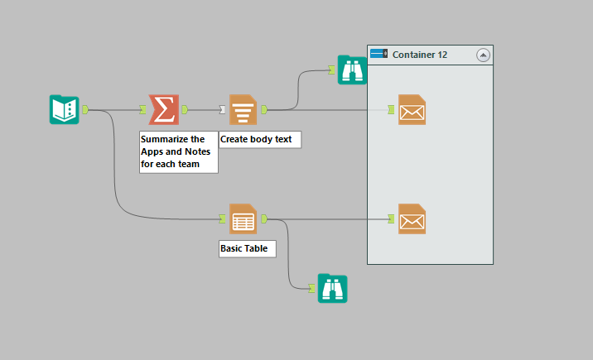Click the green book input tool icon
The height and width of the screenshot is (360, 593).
point(64,109)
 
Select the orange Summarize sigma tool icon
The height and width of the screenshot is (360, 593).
point(163,109)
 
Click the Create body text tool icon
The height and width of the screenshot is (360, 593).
point(243,109)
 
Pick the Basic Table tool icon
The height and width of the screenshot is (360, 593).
point(243,219)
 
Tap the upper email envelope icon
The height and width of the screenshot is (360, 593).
point(412,109)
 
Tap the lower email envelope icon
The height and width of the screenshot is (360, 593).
point(412,219)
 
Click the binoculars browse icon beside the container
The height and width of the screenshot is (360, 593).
point(352,70)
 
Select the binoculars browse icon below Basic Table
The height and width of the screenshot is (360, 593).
point(332,288)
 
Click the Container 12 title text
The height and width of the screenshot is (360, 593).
point(420,55)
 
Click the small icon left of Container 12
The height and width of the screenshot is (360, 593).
point(379,55)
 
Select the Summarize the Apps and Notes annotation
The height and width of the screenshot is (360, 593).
point(178,151)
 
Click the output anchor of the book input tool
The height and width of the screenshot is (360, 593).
point(85,109)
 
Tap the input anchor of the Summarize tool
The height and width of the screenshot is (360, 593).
point(143,109)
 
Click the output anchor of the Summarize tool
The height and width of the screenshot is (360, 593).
point(184,109)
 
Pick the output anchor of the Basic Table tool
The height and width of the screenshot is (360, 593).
point(263,219)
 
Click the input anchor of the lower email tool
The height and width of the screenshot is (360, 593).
point(391,219)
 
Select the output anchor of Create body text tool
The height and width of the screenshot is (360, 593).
point(263,109)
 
